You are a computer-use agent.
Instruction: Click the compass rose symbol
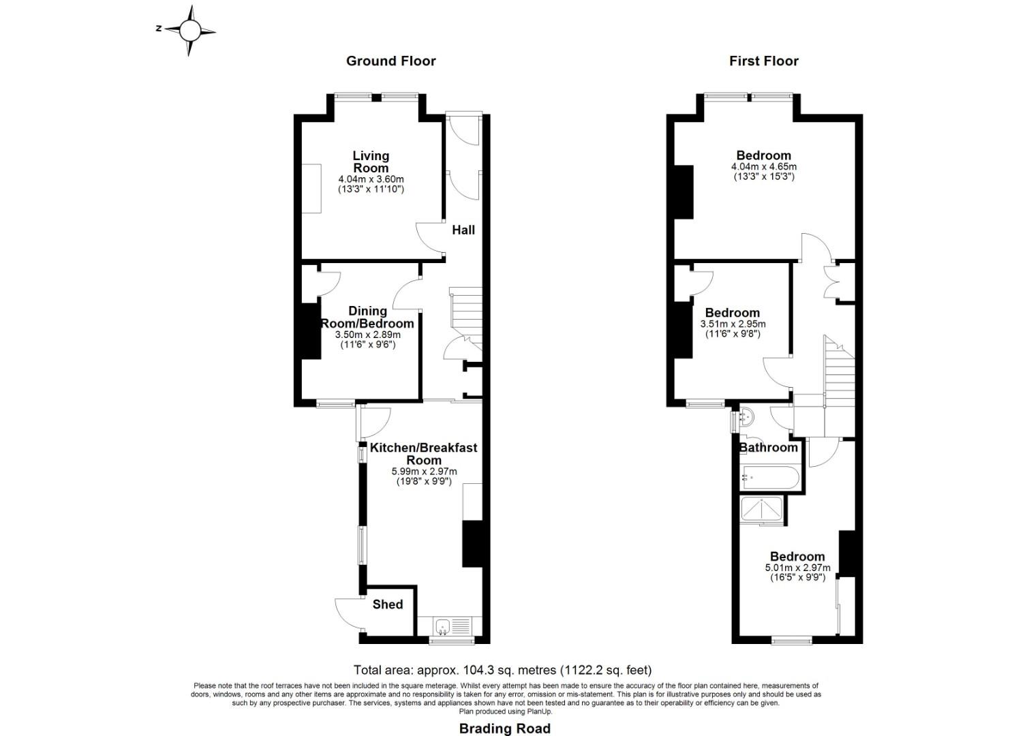tap(189, 31)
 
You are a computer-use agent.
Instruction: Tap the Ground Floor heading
tap(390, 61)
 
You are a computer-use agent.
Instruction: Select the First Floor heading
tap(763, 61)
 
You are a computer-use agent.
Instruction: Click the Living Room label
tap(371, 162)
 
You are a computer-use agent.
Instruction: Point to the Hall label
tap(463, 230)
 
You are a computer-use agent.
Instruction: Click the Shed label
tap(388, 604)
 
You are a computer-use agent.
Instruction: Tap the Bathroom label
tap(769, 447)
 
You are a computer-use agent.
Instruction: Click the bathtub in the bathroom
tap(770, 477)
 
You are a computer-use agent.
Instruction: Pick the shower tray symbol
tap(762, 510)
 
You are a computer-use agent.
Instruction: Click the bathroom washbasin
tap(746, 416)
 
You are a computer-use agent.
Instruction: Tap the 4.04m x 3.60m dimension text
tap(371, 179)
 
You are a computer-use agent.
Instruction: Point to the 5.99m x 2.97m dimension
tap(424, 471)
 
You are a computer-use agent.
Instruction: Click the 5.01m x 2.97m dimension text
tap(797, 568)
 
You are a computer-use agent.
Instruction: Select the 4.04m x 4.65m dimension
tap(763, 166)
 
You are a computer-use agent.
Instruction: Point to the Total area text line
tap(502, 670)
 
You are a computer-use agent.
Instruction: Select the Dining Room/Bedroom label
tap(367, 317)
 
